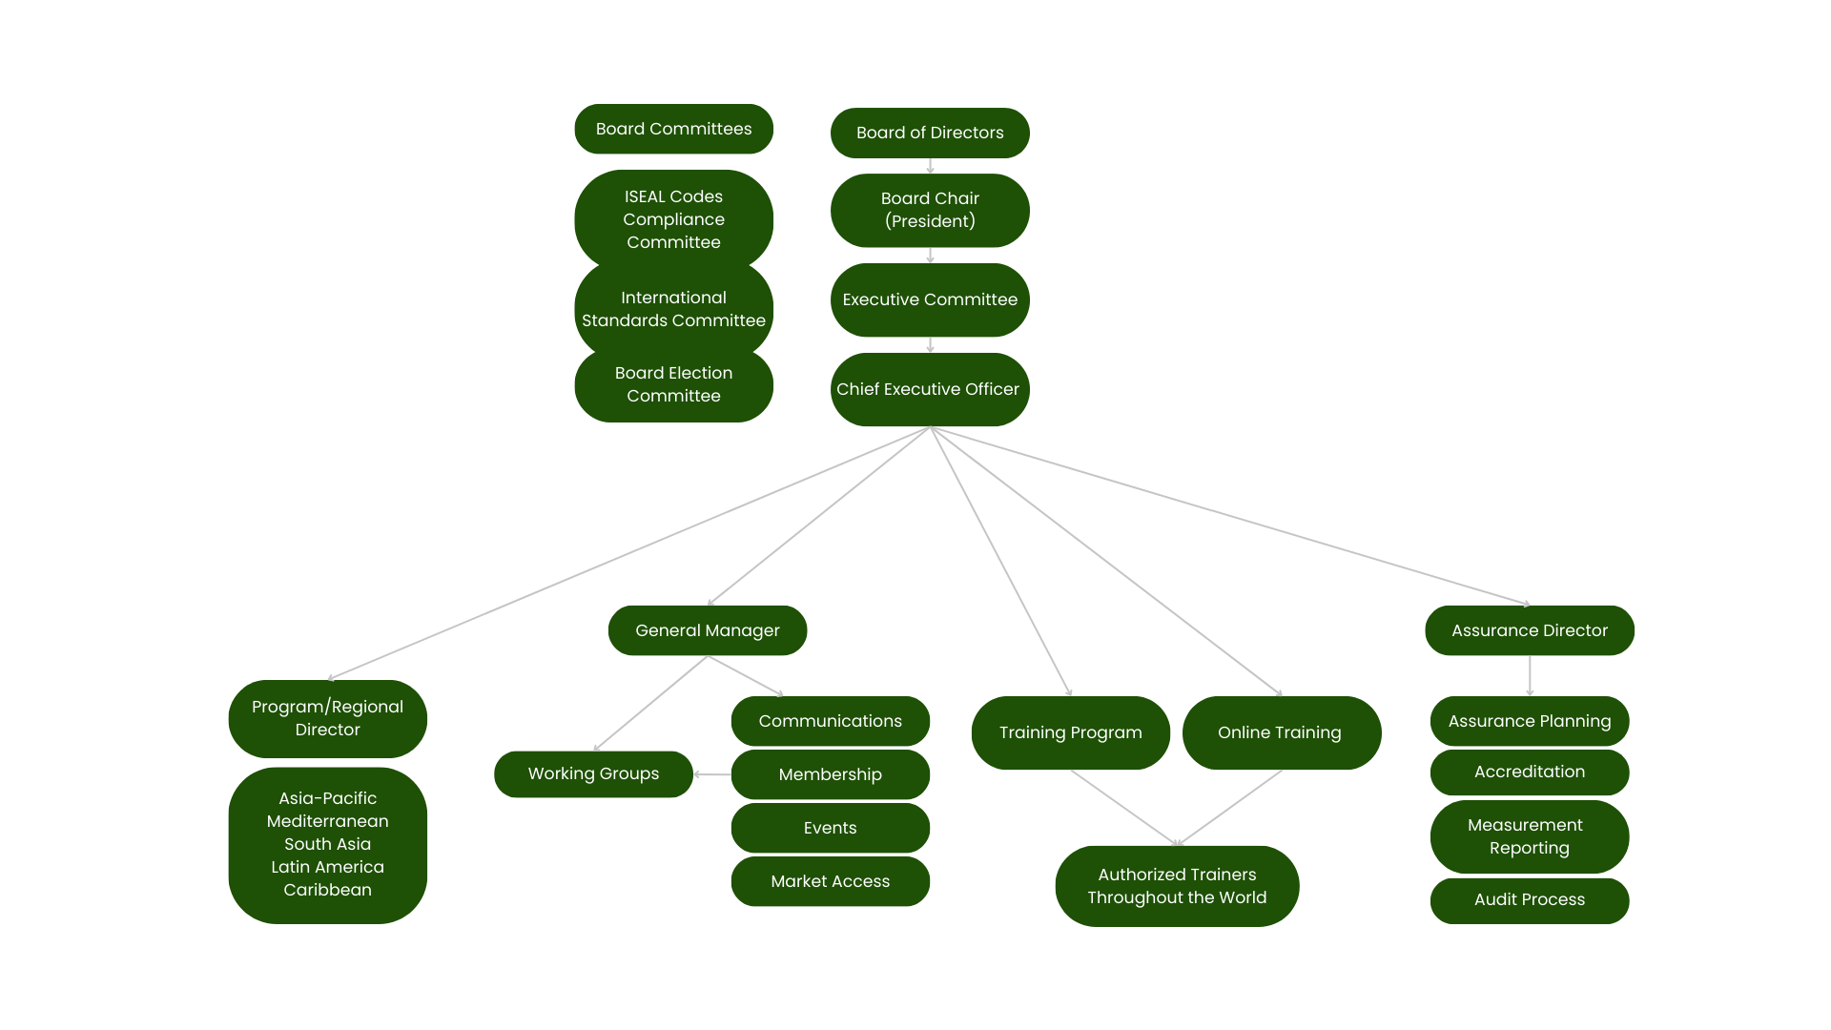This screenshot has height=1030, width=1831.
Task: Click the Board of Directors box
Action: [x=930, y=133]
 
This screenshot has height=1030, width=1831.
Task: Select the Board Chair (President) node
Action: [x=930, y=210]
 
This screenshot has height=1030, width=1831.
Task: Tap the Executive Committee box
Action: [x=930, y=299]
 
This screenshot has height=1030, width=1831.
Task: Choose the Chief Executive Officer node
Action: [x=930, y=389]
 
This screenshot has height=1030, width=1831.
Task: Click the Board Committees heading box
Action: [x=673, y=129]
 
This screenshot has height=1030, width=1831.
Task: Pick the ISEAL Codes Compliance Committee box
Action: [x=673, y=219]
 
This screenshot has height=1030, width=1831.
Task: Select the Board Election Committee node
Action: [x=673, y=384]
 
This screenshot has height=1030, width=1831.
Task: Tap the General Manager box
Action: [x=708, y=630]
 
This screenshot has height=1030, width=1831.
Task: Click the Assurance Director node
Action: [x=1530, y=630]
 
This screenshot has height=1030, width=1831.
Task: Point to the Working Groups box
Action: [x=593, y=773]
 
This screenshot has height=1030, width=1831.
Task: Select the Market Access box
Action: [x=831, y=881]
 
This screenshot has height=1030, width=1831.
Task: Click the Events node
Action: [x=831, y=828]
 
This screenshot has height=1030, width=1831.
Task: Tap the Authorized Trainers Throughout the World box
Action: [x=1177, y=886]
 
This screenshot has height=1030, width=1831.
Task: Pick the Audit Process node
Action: [x=1530, y=900]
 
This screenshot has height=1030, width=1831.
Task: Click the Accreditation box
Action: [x=1530, y=772]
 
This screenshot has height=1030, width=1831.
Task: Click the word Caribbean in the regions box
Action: [x=328, y=890]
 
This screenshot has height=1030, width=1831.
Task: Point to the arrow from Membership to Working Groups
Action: [x=712, y=774]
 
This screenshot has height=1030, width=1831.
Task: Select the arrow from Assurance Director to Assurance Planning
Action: [x=1530, y=676]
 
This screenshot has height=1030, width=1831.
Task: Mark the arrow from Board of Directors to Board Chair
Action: [x=930, y=166]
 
